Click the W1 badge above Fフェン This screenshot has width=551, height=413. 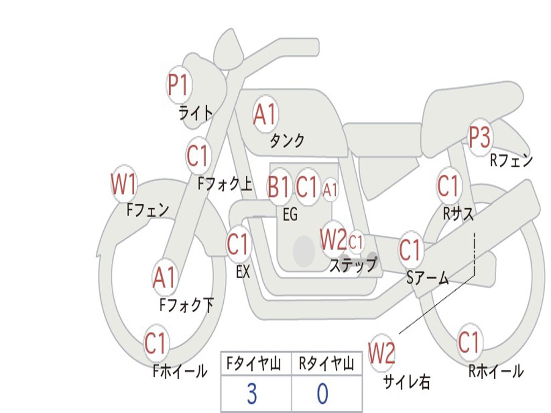click(124, 184)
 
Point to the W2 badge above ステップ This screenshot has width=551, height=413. click(333, 240)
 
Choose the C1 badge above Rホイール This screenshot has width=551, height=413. click(469, 342)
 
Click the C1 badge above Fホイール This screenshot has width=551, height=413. click(157, 343)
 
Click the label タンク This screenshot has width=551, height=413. click(287, 141)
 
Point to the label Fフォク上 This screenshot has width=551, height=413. click(225, 184)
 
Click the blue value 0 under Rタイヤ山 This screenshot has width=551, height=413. click(322, 394)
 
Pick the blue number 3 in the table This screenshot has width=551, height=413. click(252, 394)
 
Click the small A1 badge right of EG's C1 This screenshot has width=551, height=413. click(330, 189)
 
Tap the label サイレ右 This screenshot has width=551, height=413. click(406, 382)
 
